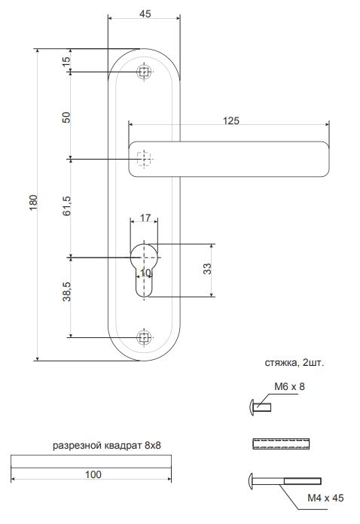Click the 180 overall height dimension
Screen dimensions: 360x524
point(34,202)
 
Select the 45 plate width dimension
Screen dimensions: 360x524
point(145,14)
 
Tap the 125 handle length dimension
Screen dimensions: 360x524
point(231,120)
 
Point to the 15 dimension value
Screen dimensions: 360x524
point(66,61)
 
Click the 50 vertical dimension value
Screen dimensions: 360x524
point(66,117)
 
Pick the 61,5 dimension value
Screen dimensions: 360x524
point(66,206)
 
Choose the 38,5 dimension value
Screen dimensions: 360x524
point(66,291)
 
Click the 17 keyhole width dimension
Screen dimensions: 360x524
point(145,218)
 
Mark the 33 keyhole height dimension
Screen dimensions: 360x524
point(207,269)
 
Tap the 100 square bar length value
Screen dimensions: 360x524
point(93,474)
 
